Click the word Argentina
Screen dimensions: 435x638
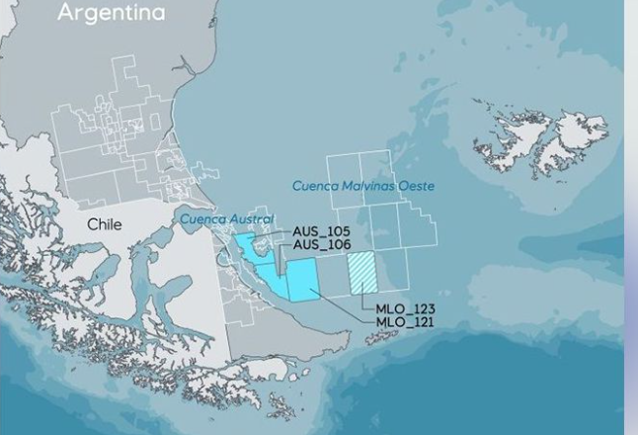coord(111,14)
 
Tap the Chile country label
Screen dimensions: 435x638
coord(105,224)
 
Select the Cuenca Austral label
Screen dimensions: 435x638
coord(226,218)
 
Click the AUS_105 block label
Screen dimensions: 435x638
coord(321,231)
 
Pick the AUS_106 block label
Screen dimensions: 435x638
coord(321,244)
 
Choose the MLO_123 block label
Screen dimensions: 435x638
coord(405,309)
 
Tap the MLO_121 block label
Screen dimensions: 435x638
coord(405,322)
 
